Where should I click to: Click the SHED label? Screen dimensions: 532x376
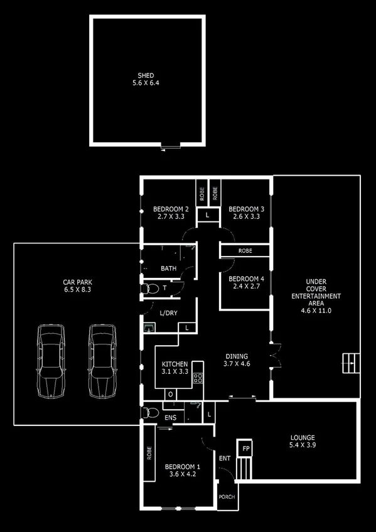coord(146,76)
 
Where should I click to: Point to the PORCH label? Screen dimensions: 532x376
coord(226,496)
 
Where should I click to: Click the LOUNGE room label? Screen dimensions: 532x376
coord(303,437)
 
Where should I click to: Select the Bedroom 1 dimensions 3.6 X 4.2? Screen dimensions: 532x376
coord(182,475)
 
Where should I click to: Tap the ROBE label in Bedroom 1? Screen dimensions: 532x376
coord(149,454)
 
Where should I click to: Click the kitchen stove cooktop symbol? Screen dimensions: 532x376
coord(197,378)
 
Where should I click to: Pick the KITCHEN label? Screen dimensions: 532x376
coord(175,364)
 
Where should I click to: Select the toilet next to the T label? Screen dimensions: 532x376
coord(150,289)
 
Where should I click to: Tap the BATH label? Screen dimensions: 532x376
coord(168,269)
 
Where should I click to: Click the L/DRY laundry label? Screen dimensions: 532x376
coord(168,312)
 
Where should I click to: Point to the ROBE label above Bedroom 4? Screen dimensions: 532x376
coord(245,250)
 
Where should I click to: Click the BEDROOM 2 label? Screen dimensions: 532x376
coord(171,210)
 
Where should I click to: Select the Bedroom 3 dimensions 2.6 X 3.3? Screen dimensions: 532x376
coord(246,217)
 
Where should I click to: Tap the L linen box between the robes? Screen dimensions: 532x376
coord(208,215)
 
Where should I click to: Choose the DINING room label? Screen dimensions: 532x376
coord(237,355)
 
